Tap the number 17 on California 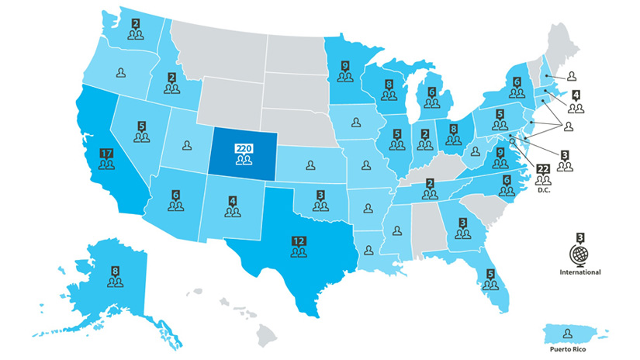coord(107,153)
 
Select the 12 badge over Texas coord(299,241)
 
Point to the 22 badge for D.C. coord(543,169)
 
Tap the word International coord(580,273)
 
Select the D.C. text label coord(543,191)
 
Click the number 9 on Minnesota coord(346,65)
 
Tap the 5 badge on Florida coord(490,273)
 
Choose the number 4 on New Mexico coord(232,199)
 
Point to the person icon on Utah coord(188,144)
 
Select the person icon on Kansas coord(310,164)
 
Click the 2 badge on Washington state coord(137,24)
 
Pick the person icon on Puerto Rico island coord(569,332)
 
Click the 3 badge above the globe coord(579,237)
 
